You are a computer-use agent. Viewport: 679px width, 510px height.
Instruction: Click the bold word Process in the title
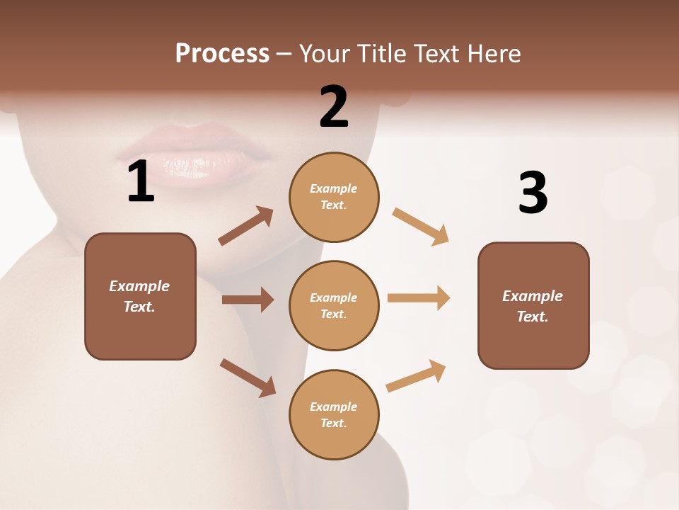[x=222, y=53]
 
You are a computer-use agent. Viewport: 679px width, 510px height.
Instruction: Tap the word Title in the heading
[x=380, y=53]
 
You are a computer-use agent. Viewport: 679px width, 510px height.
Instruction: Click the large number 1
[x=141, y=182]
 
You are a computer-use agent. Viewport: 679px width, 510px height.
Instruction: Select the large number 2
[x=334, y=107]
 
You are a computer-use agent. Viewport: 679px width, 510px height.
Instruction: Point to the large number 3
[x=533, y=193]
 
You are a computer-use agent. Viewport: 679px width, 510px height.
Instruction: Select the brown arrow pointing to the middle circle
[x=248, y=300]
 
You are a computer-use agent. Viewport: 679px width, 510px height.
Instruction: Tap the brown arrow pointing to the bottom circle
[x=248, y=378]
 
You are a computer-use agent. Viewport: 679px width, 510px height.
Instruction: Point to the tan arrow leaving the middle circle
[x=419, y=297]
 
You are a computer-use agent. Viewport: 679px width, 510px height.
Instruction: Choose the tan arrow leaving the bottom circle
[x=416, y=375]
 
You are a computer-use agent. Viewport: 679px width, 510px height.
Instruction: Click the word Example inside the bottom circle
[x=333, y=407]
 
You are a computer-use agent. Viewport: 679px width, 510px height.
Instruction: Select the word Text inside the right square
[x=533, y=317]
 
